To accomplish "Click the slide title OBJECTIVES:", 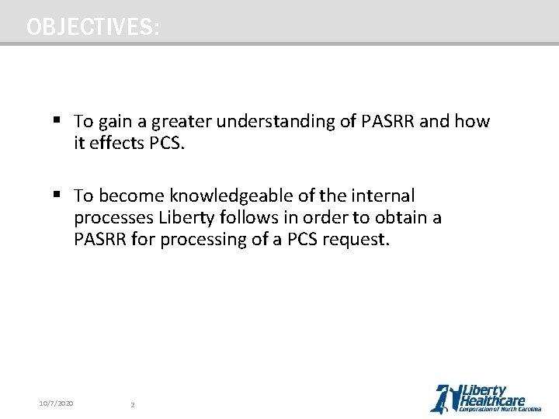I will pyautogui.click(x=93, y=27).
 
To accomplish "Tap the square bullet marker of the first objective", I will pyautogui.click(x=56, y=121).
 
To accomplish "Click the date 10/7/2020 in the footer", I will pyautogui.click(x=56, y=403).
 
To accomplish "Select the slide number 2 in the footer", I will pyautogui.click(x=133, y=404).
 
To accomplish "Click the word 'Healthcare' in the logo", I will pyautogui.click(x=493, y=400).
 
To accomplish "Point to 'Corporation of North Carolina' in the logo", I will pyautogui.click(x=500, y=409).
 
